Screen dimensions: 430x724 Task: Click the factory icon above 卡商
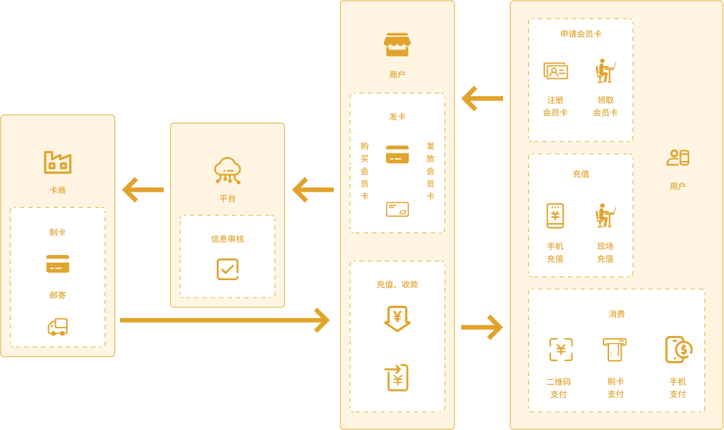58,162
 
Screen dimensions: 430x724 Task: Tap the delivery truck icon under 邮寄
58,326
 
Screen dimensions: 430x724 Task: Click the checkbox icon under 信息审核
227,269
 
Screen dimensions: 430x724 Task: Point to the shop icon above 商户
397,45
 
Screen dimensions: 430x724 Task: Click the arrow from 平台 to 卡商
143,190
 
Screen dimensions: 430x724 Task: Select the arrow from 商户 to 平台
313,190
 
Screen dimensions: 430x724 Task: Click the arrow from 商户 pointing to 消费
482,326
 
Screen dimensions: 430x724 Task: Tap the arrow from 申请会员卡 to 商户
482,99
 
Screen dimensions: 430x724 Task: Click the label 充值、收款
397,284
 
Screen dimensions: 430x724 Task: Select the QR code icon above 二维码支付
561,350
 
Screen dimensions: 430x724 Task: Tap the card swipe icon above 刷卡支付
615,350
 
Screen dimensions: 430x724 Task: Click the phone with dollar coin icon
678,349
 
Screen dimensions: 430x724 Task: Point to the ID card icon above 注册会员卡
555,71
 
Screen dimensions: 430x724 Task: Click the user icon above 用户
677,158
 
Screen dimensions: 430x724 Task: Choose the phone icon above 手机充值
555,216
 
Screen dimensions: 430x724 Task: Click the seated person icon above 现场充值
605,216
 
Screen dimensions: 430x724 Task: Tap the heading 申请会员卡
580,33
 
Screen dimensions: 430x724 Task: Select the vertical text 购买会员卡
364,171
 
